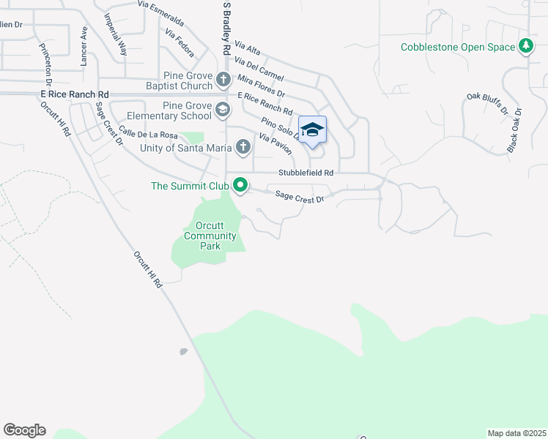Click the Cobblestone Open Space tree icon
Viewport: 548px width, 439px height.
525,47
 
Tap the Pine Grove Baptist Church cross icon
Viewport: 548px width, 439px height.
224,79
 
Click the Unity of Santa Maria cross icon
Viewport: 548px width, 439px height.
242,148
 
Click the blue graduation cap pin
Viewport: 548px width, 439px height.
312,130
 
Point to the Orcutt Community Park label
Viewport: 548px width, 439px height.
210,236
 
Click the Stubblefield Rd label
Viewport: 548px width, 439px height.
306,173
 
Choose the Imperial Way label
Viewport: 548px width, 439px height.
116,34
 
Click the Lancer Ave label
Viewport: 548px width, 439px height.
84,46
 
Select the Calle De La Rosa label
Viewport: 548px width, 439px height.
148,134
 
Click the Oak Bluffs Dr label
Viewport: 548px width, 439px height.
487,104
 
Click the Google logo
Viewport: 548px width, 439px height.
24,430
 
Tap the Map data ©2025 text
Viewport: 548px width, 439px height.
516,433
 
